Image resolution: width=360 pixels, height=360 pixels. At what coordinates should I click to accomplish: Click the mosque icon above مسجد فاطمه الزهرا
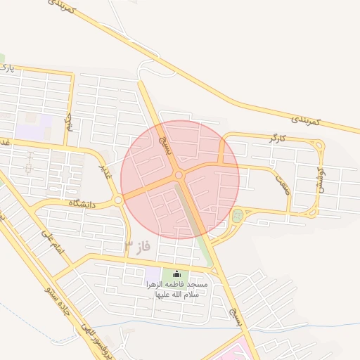[176, 274]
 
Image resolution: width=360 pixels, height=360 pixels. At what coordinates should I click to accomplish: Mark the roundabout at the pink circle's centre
[179, 174]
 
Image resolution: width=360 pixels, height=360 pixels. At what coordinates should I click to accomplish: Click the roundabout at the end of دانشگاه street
[118, 201]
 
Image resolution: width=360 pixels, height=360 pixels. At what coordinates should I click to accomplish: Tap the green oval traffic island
[237, 216]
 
